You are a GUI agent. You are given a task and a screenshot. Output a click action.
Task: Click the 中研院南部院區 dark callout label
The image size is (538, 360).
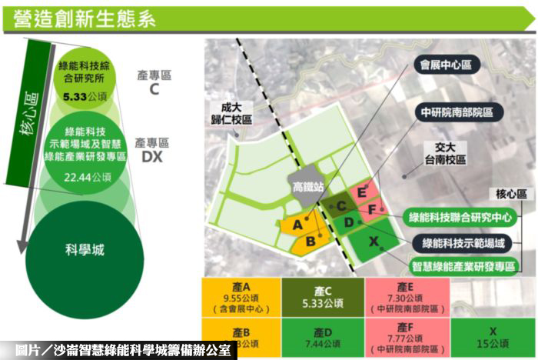[456, 112]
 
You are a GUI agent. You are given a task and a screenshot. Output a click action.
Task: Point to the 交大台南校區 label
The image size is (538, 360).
[445, 153]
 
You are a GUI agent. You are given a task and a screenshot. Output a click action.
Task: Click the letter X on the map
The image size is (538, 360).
[375, 242]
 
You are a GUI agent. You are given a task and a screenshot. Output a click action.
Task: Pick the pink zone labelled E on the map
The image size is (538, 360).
[360, 193]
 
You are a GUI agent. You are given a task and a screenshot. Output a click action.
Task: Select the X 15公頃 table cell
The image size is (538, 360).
[493, 338]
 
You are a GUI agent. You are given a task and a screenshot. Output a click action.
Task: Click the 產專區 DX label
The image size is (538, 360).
[151, 150]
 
